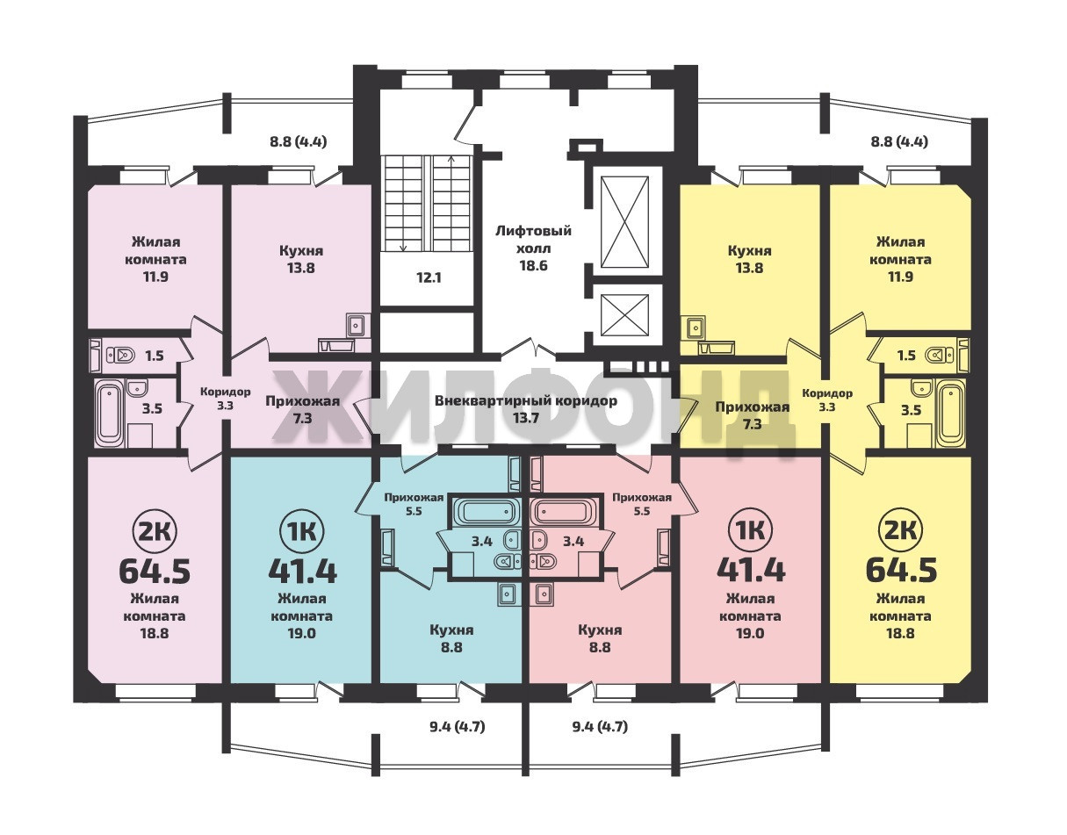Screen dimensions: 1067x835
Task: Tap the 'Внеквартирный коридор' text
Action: pyautogui.click(x=526, y=401)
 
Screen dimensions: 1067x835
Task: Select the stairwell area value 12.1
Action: pyautogui.click(x=429, y=277)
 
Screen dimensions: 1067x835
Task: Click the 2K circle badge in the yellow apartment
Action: pyautogui.click(x=900, y=530)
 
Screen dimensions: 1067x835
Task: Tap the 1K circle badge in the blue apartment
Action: pyautogui.click(x=302, y=530)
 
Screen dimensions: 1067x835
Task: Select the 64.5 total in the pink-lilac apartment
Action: pyautogui.click(x=155, y=572)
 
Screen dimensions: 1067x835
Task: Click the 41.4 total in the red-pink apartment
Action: pyautogui.click(x=751, y=572)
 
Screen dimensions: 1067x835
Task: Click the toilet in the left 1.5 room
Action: pyautogui.click(x=121, y=355)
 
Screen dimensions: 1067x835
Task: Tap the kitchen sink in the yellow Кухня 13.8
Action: pyautogui.click(x=695, y=328)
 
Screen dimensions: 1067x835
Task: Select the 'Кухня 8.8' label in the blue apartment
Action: pyautogui.click(x=451, y=638)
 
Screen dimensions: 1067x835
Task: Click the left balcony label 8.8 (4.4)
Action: pyautogui.click(x=299, y=142)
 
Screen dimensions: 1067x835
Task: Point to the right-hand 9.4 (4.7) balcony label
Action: pyautogui.click(x=600, y=726)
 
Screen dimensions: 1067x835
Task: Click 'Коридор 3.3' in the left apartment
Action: pyautogui.click(x=226, y=399)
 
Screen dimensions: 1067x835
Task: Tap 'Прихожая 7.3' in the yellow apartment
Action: pyautogui.click(x=753, y=414)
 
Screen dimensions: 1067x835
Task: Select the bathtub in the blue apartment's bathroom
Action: pyautogui.click(x=487, y=513)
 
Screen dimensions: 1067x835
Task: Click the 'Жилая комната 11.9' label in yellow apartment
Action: pyautogui.click(x=900, y=259)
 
